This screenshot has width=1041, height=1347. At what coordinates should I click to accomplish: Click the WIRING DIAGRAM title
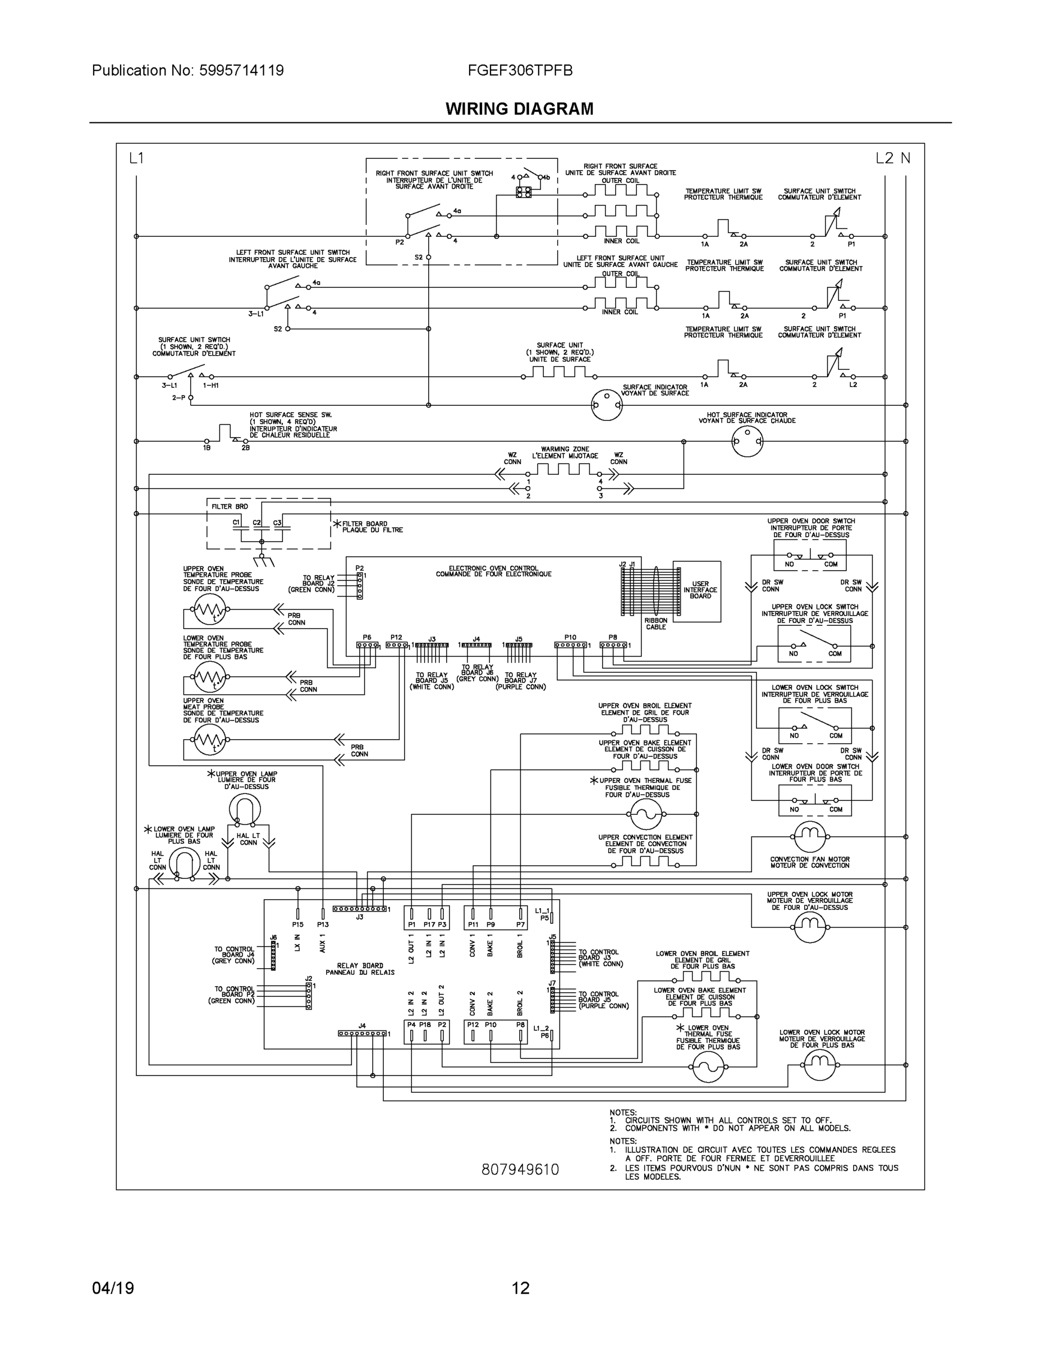[519, 109]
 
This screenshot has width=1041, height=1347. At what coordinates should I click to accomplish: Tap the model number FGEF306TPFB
[520, 71]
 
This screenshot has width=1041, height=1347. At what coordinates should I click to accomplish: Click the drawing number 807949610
[520, 1170]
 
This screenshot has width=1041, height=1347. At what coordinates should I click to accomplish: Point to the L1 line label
[136, 158]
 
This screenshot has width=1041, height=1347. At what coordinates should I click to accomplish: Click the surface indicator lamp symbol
[607, 405]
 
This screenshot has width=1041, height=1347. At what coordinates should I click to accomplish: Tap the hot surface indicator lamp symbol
[747, 442]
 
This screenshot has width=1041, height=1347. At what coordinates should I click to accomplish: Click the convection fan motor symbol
[810, 837]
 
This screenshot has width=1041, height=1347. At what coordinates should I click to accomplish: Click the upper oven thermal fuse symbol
[646, 814]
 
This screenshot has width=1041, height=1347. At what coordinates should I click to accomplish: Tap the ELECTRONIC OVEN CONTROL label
[493, 571]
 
